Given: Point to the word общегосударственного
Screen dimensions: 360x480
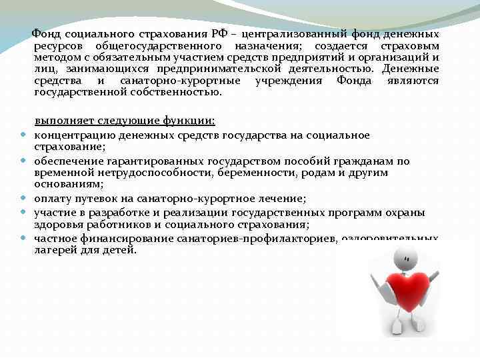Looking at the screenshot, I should click(158, 45).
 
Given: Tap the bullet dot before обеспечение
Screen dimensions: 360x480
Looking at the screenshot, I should click(22, 161).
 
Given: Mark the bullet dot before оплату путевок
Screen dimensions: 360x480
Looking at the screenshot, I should click(22, 198).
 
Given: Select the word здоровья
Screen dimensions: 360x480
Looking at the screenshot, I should click(55, 225).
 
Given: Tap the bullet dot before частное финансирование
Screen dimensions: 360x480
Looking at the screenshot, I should click(22, 237).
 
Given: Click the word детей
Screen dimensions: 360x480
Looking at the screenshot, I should click(120, 250).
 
